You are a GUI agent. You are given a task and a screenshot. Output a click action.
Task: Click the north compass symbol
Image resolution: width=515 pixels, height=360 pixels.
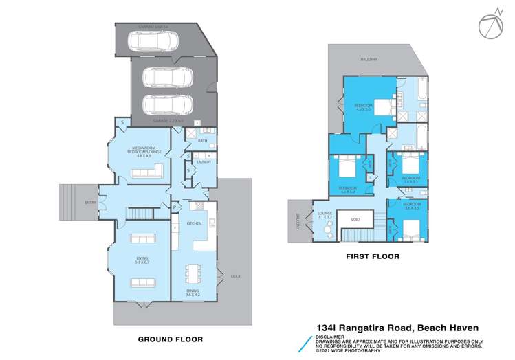point(488,23)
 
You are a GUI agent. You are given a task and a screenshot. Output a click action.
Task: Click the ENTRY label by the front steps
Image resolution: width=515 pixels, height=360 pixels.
point(90,202)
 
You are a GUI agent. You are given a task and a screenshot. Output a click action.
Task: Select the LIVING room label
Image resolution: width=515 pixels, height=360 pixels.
point(142,259)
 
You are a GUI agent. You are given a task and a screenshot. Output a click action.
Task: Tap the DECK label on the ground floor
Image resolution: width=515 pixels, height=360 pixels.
point(236,276)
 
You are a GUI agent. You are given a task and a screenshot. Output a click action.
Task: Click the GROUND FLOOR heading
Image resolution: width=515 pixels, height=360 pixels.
point(171,339)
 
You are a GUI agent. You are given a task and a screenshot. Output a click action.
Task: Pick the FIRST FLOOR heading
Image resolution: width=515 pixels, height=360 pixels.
point(371,256)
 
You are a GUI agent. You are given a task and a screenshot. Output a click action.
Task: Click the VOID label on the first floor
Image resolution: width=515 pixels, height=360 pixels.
point(355,219)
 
